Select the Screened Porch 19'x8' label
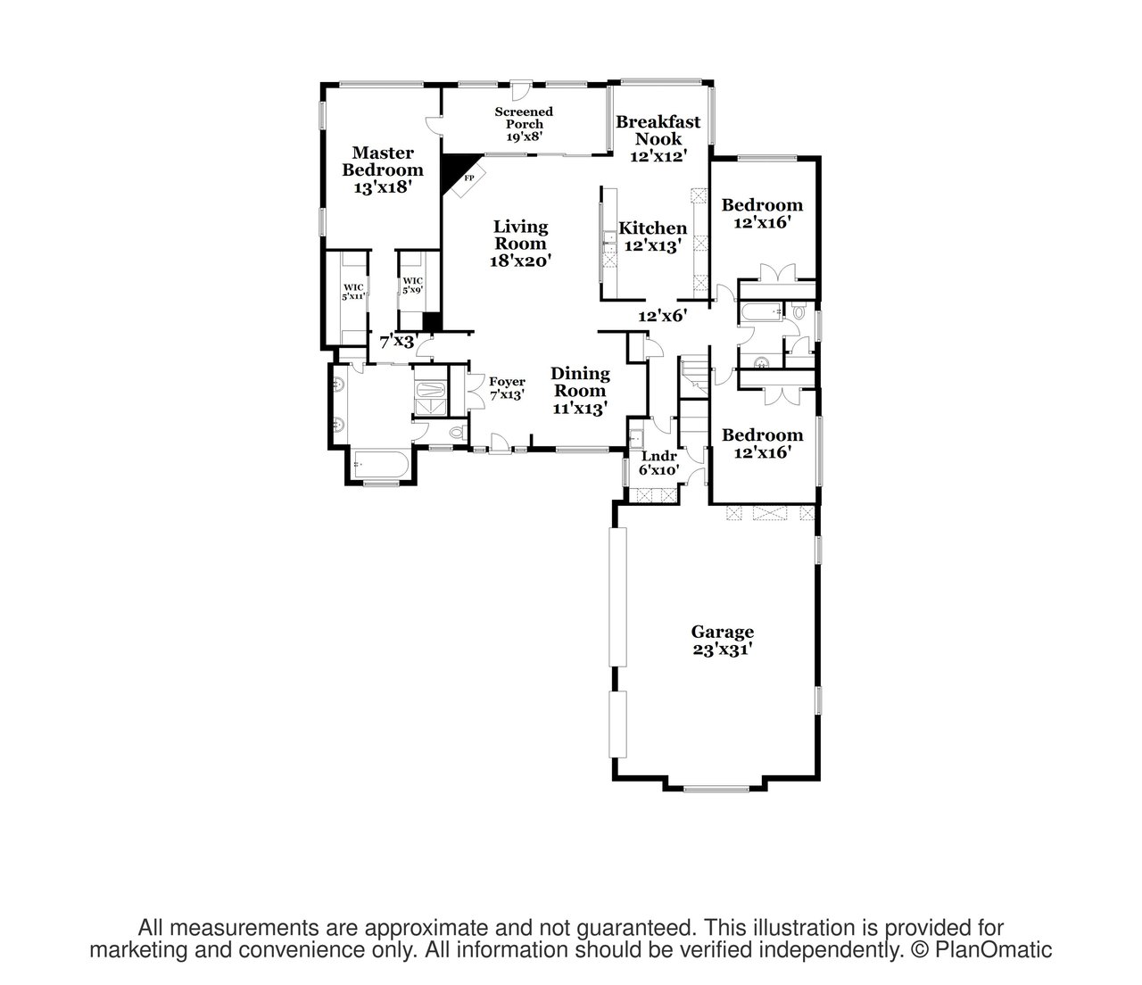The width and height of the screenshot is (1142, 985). click(x=523, y=124)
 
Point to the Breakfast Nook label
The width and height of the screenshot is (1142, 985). click(x=658, y=130)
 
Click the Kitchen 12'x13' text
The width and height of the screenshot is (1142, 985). click(x=652, y=237)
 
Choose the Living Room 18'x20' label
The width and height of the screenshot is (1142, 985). click(x=520, y=244)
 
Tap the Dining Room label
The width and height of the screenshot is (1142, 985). click(x=580, y=382)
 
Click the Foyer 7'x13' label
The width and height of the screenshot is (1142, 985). click(x=507, y=388)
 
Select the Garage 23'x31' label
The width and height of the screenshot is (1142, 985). click(x=722, y=641)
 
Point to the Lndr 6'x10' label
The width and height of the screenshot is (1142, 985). click(x=658, y=463)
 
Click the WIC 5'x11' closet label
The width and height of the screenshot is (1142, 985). click(x=353, y=292)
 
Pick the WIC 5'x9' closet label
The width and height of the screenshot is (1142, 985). click(x=412, y=285)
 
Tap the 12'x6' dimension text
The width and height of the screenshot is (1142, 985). click(x=662, y=316)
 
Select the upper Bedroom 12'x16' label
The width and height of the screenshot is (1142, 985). click(x=762, y=214)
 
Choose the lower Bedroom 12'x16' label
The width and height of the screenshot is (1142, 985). click(x=762, y=443)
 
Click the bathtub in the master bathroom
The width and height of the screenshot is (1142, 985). click(x=381, y=465)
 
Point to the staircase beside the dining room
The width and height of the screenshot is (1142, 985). click(x=694, y=402)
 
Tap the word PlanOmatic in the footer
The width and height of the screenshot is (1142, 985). click(x=993, y=949)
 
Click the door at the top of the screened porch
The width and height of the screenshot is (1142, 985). click(x=520, y=91)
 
